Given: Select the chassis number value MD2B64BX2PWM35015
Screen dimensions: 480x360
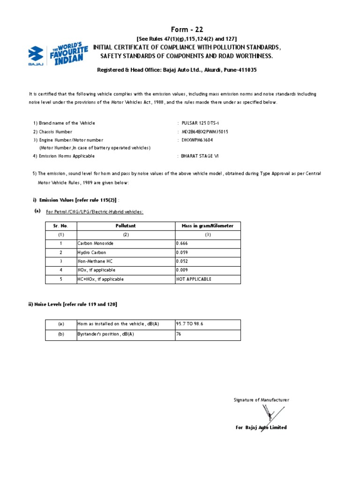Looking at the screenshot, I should pos(205,132).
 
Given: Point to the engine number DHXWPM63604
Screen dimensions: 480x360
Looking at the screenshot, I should pos(197,140).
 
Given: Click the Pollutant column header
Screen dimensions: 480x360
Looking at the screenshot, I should pos(126,226).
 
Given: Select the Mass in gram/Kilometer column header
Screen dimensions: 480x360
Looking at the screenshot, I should pos(207,226).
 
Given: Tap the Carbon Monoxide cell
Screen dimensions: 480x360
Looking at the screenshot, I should pos(96,244).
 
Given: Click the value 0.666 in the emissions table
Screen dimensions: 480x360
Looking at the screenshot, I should pos(182,244).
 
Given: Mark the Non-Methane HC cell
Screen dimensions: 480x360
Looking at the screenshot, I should pos(96,262).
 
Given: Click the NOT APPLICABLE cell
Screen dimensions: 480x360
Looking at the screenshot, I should pos(194,279).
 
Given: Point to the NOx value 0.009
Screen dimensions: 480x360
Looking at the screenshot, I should pos(182,270).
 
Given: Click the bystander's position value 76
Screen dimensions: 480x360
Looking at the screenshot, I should pos(179,335).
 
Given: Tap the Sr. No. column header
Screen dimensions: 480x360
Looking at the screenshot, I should pos(60,226).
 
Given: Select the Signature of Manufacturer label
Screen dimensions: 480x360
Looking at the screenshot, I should pos(262,400).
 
